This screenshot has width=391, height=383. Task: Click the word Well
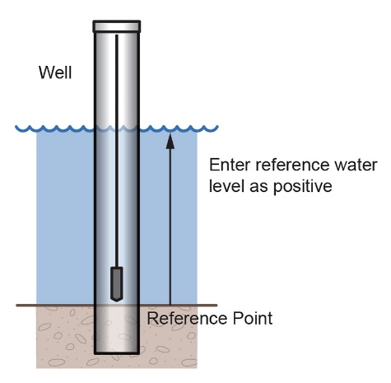55,72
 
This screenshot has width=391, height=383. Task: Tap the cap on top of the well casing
117,26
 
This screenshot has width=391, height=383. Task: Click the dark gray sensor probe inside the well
116,284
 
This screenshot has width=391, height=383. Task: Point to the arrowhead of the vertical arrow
170,141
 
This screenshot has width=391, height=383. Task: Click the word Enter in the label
230,165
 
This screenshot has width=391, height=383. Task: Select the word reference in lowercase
292,165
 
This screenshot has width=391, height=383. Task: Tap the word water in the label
356,166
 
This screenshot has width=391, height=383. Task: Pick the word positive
302,187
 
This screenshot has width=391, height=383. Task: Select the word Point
253,319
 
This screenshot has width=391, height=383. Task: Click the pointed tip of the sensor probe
116,301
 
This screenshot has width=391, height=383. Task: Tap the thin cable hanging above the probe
117,151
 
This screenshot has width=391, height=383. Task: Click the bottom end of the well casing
117,353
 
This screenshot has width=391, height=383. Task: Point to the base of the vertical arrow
170,305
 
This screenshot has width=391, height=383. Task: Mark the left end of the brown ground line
17,306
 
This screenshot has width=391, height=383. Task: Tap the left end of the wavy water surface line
16,127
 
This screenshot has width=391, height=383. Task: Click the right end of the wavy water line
217,127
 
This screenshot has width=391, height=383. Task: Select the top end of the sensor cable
117,35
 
